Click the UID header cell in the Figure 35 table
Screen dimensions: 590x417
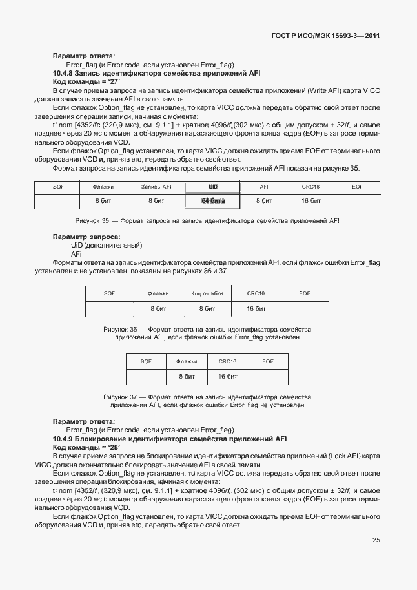[212, 187]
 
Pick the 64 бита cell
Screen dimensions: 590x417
[212, 202]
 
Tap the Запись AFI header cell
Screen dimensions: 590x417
[156, 187]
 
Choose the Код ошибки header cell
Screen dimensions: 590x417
[207, 293]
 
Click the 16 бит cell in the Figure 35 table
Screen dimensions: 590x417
[311, 202]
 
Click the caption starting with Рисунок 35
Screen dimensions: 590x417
[207, 221]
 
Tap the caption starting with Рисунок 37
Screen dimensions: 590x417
[207, 401]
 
